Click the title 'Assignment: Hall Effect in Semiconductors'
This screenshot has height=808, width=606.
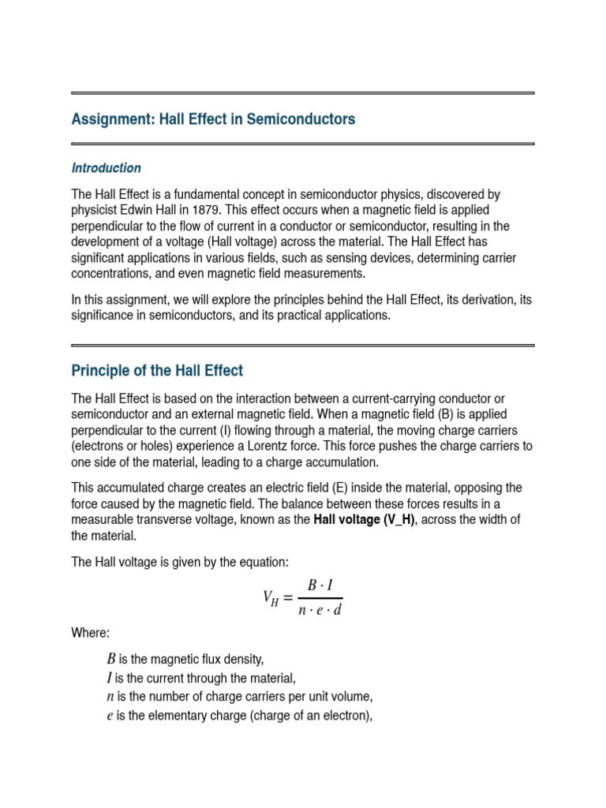[213, 119]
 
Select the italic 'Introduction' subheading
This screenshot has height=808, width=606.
[107, 168]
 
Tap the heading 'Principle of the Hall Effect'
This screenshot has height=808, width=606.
[157, 370]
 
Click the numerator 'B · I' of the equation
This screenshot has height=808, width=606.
[320, 585]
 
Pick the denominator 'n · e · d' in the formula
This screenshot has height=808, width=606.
[320, 610]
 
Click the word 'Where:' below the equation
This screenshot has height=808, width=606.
[91, 633]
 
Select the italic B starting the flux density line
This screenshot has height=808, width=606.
[110, 660]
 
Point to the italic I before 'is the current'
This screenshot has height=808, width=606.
[110, 678]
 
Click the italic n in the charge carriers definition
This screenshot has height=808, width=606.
[110, 697]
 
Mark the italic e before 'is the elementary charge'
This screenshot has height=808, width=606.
[110, 716]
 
